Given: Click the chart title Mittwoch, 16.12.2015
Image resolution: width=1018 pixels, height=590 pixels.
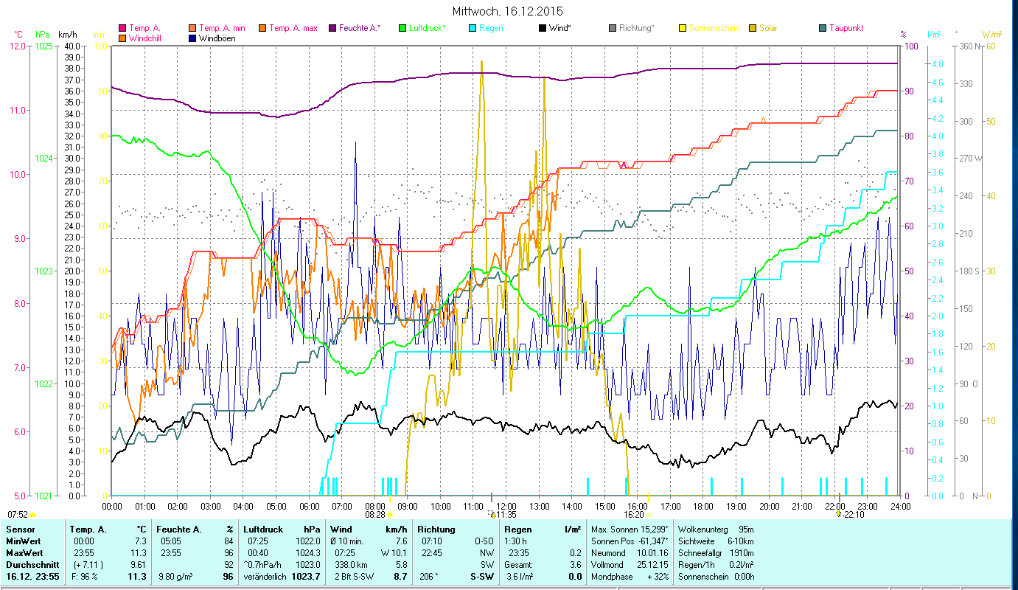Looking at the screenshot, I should click(x=509, y=11).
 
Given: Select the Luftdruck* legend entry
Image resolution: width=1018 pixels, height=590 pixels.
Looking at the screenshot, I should click(x=427, y=28).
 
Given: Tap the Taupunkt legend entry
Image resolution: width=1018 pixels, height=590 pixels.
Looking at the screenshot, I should click(x=846, y=28).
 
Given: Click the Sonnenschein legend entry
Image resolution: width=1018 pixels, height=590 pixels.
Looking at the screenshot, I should click(x=718, y=28).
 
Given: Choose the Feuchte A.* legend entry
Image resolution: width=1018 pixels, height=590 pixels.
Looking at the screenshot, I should click(x=360, y=28).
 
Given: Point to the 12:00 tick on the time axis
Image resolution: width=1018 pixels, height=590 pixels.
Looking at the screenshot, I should click(x=506, y=507).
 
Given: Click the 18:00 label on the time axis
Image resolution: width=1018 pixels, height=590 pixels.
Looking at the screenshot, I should click(x=703, y=507).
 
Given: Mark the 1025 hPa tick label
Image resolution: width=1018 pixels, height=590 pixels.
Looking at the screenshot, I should click(x=43, y=46).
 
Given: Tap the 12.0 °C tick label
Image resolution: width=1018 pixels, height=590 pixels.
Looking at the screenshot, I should click(x=18, y=46).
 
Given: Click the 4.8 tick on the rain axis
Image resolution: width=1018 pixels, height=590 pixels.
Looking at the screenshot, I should click(x=937, y=64).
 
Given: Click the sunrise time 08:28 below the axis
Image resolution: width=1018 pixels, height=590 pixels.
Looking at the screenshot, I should click(x=375, y=515).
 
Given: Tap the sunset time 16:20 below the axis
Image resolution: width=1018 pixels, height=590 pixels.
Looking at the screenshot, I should click(x=634, y=515).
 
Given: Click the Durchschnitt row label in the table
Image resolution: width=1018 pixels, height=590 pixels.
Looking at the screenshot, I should click(x=28, y=564).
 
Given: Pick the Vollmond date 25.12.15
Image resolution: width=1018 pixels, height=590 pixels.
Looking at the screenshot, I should click(x=652, y=564).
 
